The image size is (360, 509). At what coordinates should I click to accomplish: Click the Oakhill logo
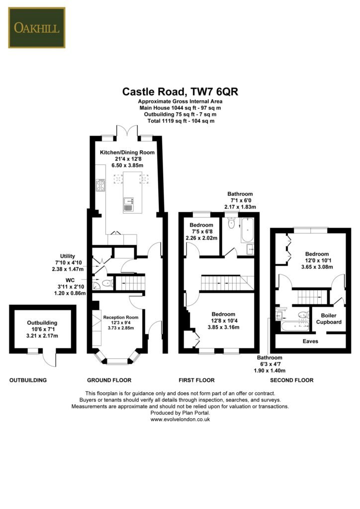tap(37, 28)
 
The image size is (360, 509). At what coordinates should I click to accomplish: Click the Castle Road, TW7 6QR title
tap(180, 91)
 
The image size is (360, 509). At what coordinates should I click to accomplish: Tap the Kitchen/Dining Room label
tap(127, 152)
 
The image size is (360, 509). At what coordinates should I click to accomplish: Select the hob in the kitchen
tap(100, 185)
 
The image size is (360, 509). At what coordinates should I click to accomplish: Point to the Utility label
tap(68, 256)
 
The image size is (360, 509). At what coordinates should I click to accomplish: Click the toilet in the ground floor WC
tap(107, 283)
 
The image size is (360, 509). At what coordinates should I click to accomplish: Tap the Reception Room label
tap(121, 317)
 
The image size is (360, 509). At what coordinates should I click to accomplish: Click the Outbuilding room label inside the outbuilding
tap(42, 323)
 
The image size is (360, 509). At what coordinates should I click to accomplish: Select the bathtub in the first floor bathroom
tap(247, 230)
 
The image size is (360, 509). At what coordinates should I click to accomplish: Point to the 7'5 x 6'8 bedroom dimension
tap(201, 232)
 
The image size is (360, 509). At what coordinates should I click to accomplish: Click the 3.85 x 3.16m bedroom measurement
tap(224, 327)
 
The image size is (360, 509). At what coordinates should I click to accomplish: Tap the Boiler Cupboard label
tap(329, 319)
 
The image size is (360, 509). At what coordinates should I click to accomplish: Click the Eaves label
tap(310, 341)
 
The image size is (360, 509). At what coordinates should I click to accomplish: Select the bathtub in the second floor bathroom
tap(295, 326)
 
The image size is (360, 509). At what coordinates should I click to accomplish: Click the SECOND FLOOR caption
tap(292, 380)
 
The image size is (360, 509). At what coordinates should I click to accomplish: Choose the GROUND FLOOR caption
tap(109, 380)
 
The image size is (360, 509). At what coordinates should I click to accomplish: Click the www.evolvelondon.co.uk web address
tap(180, 420)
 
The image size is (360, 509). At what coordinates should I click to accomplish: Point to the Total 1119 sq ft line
tap(180, 121)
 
